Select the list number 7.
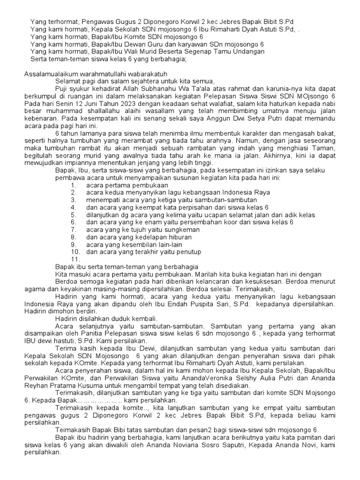(x=74, y=230)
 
